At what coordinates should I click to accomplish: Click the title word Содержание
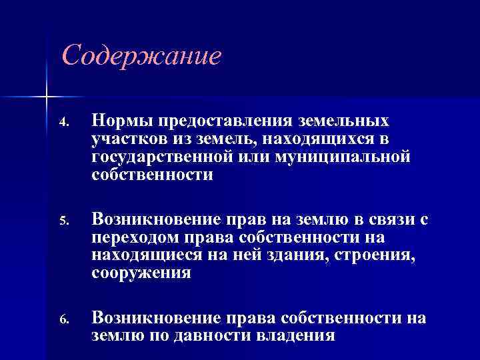tap(141, 56)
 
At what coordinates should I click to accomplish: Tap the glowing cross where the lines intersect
tap(46, 96)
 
